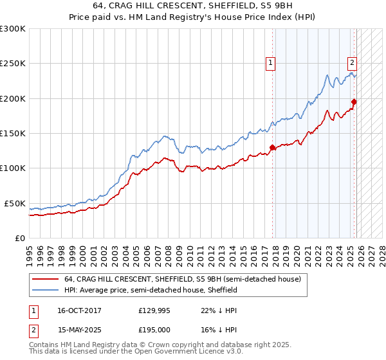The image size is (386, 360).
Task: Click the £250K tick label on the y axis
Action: tap(13, 64)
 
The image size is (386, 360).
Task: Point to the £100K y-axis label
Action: tap(13, 168)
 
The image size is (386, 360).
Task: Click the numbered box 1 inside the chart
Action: tap(270, 63)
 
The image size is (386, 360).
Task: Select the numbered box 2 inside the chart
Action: tap(353, 63)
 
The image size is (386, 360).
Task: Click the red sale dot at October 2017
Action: tap(273, 147)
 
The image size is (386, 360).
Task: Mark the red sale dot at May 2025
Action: tap(354, 102)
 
